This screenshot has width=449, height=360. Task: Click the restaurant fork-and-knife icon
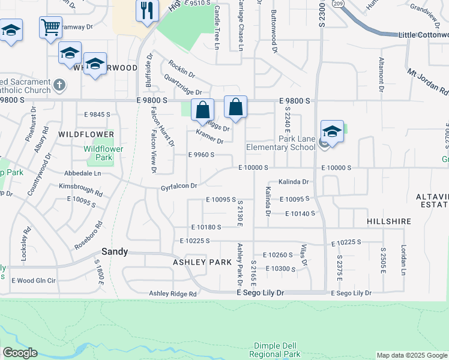click(x=146, y=10)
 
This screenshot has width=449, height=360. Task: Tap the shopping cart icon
click(x=50, y=26)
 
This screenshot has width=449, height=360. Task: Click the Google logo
click(x=20, y=353)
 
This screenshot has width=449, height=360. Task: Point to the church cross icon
click(x=59, y=86)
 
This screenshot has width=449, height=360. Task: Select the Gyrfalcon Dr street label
click(x=179, y=187)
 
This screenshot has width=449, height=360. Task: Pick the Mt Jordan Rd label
click(x=428, y=82)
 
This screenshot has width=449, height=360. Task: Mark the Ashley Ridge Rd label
click(x=173, y=293)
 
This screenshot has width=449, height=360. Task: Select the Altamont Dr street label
click(x=381, y=75)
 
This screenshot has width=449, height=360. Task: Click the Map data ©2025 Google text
click(x=412, y=355)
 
